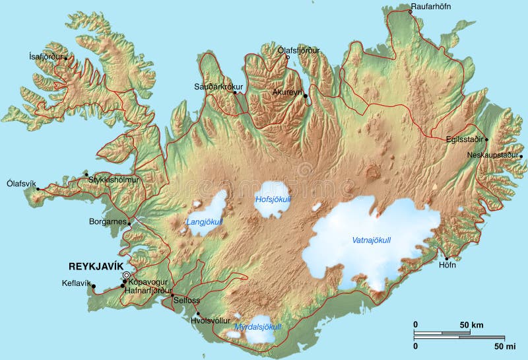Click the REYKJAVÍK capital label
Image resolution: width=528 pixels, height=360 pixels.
[96, 266]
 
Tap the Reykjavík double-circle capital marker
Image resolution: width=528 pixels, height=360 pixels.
[127, 276]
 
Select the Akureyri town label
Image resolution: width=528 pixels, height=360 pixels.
[286, 92]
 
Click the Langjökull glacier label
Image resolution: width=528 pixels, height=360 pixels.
[205, 222]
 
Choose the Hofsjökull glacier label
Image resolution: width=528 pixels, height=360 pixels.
[273, 199]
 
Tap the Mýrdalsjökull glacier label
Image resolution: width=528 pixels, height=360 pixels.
[258, 327]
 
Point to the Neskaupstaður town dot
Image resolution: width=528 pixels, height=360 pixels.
[521, 157]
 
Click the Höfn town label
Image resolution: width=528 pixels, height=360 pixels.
[447, 266]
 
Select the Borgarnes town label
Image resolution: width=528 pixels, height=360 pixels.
[108, 221]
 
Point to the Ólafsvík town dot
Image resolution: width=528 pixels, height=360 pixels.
[38, 189]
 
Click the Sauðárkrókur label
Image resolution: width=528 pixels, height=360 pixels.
[218, 87]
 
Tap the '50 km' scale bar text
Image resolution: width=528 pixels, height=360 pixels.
[472, 325]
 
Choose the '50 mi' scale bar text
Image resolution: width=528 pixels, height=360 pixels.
[504, 345]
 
